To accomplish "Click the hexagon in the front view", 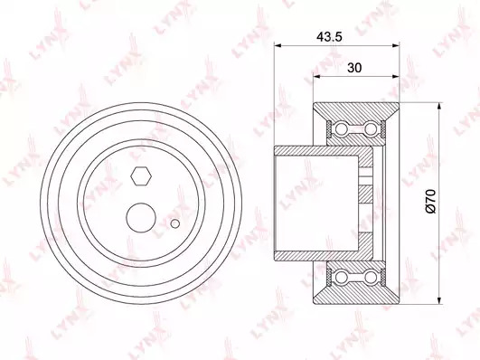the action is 141,176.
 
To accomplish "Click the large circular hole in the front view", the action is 141,217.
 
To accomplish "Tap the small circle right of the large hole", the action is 175,223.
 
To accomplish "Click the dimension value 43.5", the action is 329,37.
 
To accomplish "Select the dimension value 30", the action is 354,68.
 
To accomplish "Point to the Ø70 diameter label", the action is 430,201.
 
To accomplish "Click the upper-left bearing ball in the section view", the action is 341,129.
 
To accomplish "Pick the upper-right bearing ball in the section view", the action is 371,129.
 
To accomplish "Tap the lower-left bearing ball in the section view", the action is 341,277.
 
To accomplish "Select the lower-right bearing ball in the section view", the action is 371,277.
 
